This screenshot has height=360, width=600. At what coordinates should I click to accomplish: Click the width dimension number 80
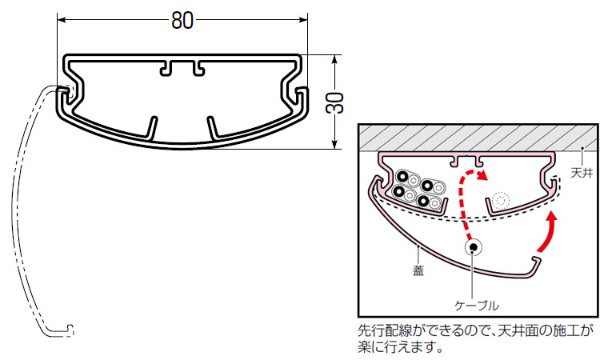coord(182,21)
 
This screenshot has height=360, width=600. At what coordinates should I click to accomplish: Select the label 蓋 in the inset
coord(418,270)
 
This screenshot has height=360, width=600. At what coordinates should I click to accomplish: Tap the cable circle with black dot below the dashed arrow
coord(474,248)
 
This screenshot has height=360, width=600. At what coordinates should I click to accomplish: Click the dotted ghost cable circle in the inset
coord(501,199)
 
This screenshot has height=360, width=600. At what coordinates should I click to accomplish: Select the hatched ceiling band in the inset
coord(477,138)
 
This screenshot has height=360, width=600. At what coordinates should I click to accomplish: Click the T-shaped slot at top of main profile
coord(182,68)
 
